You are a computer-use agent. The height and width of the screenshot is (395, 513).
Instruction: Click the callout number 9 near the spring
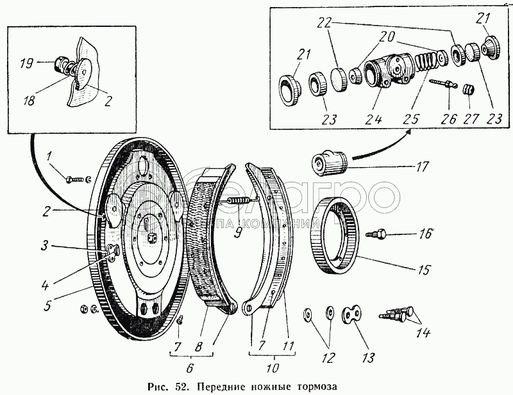tap(238, 232)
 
